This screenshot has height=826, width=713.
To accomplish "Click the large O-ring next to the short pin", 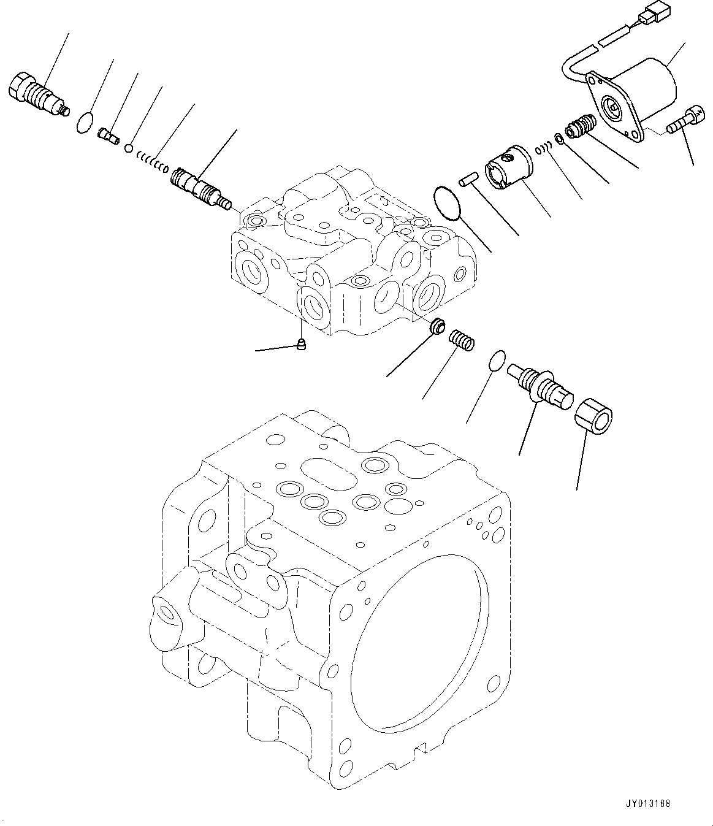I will (448, 202).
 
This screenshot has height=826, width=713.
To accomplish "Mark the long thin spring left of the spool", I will (151, 163).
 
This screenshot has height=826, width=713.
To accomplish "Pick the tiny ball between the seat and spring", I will (129, 148).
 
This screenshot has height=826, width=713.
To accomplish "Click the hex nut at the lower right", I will (593, 423).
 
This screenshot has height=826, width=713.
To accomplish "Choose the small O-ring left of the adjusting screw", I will (497, 360).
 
